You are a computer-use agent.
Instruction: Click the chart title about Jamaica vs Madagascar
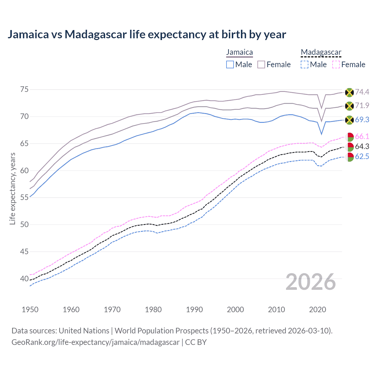pyautogui.click(x=147, y=34)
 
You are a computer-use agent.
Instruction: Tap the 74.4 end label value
pyautogui.click(x=362, y=92)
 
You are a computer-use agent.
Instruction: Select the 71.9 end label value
pyautogui.click(x=362, y=106)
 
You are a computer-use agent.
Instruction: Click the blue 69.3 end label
pyautogui.click(x=362, y=120)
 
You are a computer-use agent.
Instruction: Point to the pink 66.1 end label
pyautogui.click(x=362, y=137)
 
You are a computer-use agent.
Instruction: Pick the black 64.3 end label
pyautogui.click(x=362, y=147)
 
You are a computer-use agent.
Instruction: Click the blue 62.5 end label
pyautogui.click(x=362, y=157)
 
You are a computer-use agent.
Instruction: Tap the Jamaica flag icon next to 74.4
pyautogui.click(x=349, y=92)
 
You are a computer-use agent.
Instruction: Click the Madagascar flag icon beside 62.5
pyautogui.click(x=350, y=157)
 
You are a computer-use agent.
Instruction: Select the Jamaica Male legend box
pyautogui.click(x=230, y=65)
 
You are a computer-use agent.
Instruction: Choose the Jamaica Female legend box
pyautogui.click(x=261, y=65)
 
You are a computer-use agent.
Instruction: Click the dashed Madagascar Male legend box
pyautogui.click(x=305, y=65)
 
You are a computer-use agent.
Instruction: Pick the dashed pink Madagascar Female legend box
pyautogui.click(x=336, y=65)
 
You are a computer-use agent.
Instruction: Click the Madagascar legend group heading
pyautogui.click(x=321, y=52)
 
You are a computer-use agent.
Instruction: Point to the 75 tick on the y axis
pyautogui.click(x=24, y=90)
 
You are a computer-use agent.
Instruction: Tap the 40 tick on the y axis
pyautogui.click(x=24, y=279)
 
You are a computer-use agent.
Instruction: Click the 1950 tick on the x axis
pyautogui.click(x=30, y=310)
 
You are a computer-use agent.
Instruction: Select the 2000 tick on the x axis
pyautogui.click(x=235, y=310)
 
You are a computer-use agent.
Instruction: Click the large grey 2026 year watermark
pyautogui.click(x=311, y=282)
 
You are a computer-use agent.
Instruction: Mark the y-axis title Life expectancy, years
pyautogui.click(x=13, y=188)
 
